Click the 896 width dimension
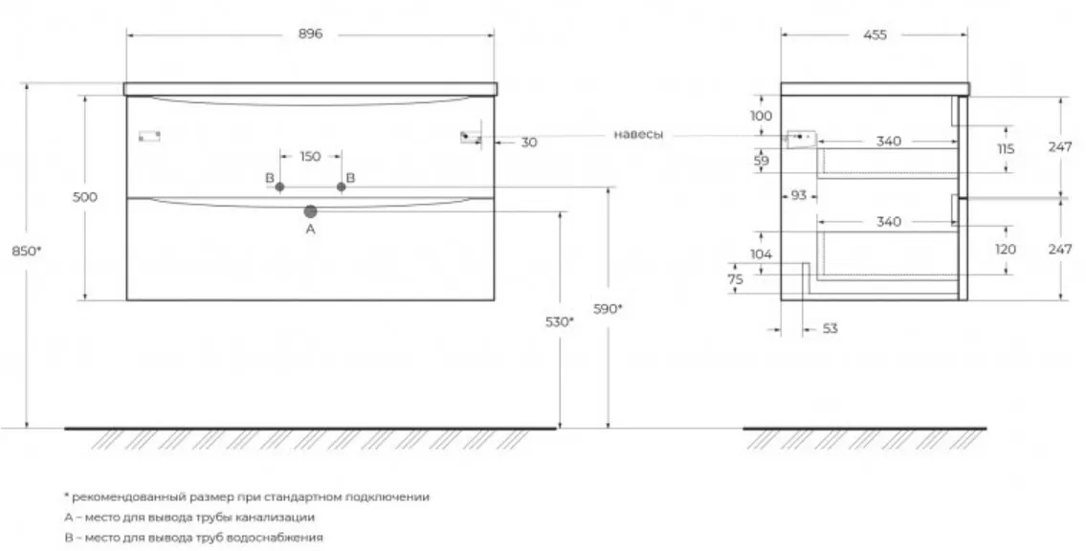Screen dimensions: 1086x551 [310, 33]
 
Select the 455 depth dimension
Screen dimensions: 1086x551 [875, 34]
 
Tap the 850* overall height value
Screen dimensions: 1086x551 [27, 251]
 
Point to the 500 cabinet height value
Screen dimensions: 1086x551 [85, 197]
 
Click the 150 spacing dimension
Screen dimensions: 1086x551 [310, 157]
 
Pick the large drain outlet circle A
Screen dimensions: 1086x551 [310, 211]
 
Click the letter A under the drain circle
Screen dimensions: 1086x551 [310, 229]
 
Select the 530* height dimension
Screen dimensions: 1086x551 [560, 321]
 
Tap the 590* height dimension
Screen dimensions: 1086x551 [608, 309]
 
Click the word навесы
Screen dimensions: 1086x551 [638, 134]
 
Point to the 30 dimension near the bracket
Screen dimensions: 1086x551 [528, 143]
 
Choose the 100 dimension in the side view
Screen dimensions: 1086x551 [762, 116]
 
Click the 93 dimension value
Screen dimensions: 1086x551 [799, 196]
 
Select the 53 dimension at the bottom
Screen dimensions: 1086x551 [831, 328]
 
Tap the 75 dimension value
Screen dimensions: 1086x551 [736, 279]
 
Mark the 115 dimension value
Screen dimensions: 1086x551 [1006, 149]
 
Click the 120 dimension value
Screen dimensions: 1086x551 [1005, 250]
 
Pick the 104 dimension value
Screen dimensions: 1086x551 [761, 254]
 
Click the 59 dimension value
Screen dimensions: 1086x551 [762, 162]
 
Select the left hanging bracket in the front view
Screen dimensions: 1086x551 [149, 136]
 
